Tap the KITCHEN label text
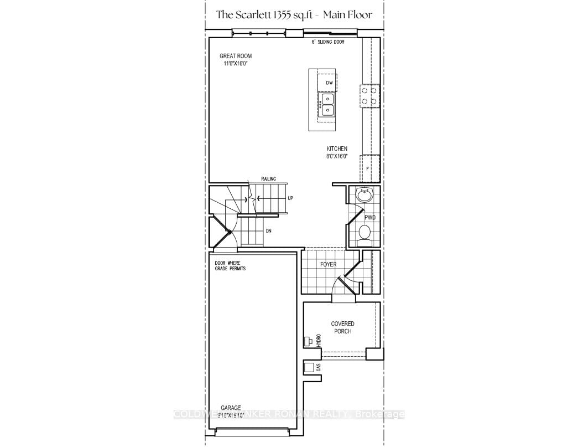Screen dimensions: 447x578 coord(336,148)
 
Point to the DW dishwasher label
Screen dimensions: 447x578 coord(329,83)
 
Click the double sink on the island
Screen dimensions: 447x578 coord(327,104)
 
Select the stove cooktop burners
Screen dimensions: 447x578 coord(369,95)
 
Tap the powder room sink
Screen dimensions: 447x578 coord(364,195)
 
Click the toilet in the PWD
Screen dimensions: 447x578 coord(365,232)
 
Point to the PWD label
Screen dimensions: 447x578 coord(369,218)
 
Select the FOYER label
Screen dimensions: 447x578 coord(328,264)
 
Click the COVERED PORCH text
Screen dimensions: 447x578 coord(342,327)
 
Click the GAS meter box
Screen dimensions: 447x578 coord(309,367)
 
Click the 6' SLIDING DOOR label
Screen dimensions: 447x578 coord(330,42)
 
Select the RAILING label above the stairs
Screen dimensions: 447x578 coord(268,179)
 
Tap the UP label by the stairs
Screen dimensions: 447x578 coord(290,198)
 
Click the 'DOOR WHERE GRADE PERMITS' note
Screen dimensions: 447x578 coord(230,265)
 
